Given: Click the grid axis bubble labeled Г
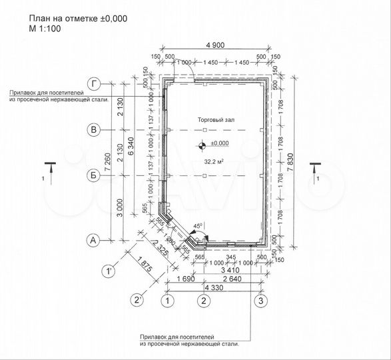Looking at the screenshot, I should click(x=95, y=83).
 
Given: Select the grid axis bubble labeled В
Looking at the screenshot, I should click(x=95, y=130).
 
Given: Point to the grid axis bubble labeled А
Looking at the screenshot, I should click(x=95, y=240).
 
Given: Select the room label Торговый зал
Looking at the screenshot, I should click(x=216, y=119).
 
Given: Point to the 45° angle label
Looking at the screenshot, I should click(x=198, y=225).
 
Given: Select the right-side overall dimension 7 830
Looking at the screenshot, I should click(x=297, y=161).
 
